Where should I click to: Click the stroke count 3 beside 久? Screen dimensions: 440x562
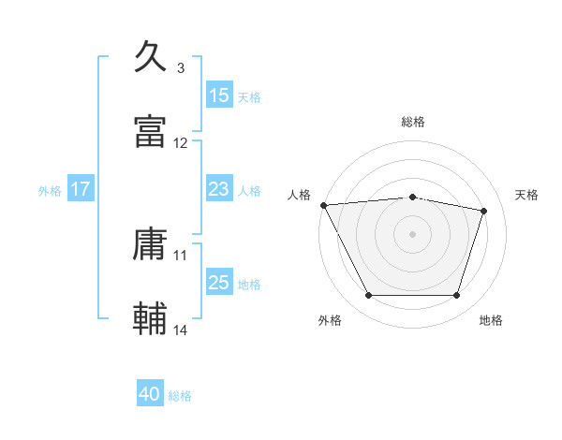(x=180, y=68)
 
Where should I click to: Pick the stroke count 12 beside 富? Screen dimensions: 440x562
(x=181, y=143)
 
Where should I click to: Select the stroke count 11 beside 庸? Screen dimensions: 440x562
(x=181, y=255)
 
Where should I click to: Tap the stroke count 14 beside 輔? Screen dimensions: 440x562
(x=181, y=330)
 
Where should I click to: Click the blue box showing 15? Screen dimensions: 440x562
(x=219, y=95)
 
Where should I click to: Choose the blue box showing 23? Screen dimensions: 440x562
(x=219, y=189)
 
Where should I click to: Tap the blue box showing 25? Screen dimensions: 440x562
(x=219, y=283)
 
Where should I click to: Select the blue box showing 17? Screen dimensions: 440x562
(x=81, y=189)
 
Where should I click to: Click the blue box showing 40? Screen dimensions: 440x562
(x=150, y=394)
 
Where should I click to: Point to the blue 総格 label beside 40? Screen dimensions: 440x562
(x=180, y=396)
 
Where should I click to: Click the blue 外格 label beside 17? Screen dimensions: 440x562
(x=50, y=190)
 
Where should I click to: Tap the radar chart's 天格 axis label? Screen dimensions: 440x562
(x=527, y=195)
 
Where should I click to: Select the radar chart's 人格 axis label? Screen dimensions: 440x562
(x=300, y=195)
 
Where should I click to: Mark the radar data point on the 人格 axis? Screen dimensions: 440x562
(x=323, y=205)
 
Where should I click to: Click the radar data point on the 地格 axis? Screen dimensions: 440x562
(x=456, y=296)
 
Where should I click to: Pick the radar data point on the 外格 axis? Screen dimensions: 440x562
(x=368, y=296)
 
